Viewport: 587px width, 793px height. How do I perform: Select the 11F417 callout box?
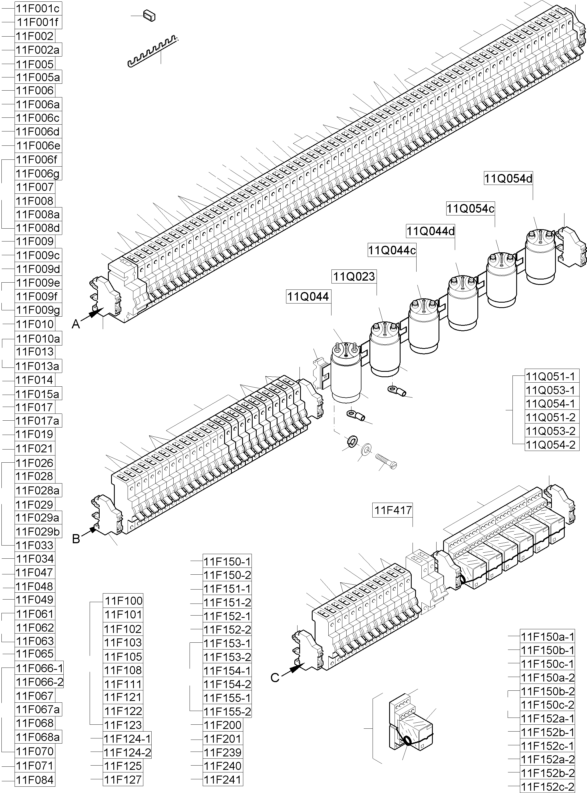(x=393, y=510)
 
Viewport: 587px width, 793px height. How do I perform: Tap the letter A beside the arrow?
(x=76, y=324)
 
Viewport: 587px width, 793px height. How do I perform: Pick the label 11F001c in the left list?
(x=38, y=8)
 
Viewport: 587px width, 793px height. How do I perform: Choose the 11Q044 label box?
(x=308, y=297)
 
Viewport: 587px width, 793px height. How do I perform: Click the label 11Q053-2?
(x=550, y=431)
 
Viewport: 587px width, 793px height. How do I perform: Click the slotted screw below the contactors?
(x=387, y=461)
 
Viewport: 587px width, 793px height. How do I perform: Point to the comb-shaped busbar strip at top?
(x=151, y=51)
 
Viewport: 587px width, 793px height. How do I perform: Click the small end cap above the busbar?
(x=149, y=16)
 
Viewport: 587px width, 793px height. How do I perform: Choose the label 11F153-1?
(x=227, y=643)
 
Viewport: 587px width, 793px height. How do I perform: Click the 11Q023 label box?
(x=354, y=276)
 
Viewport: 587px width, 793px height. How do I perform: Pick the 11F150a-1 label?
(x=548, y=636)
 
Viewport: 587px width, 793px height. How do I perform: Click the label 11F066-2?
(x=39, y=682)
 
